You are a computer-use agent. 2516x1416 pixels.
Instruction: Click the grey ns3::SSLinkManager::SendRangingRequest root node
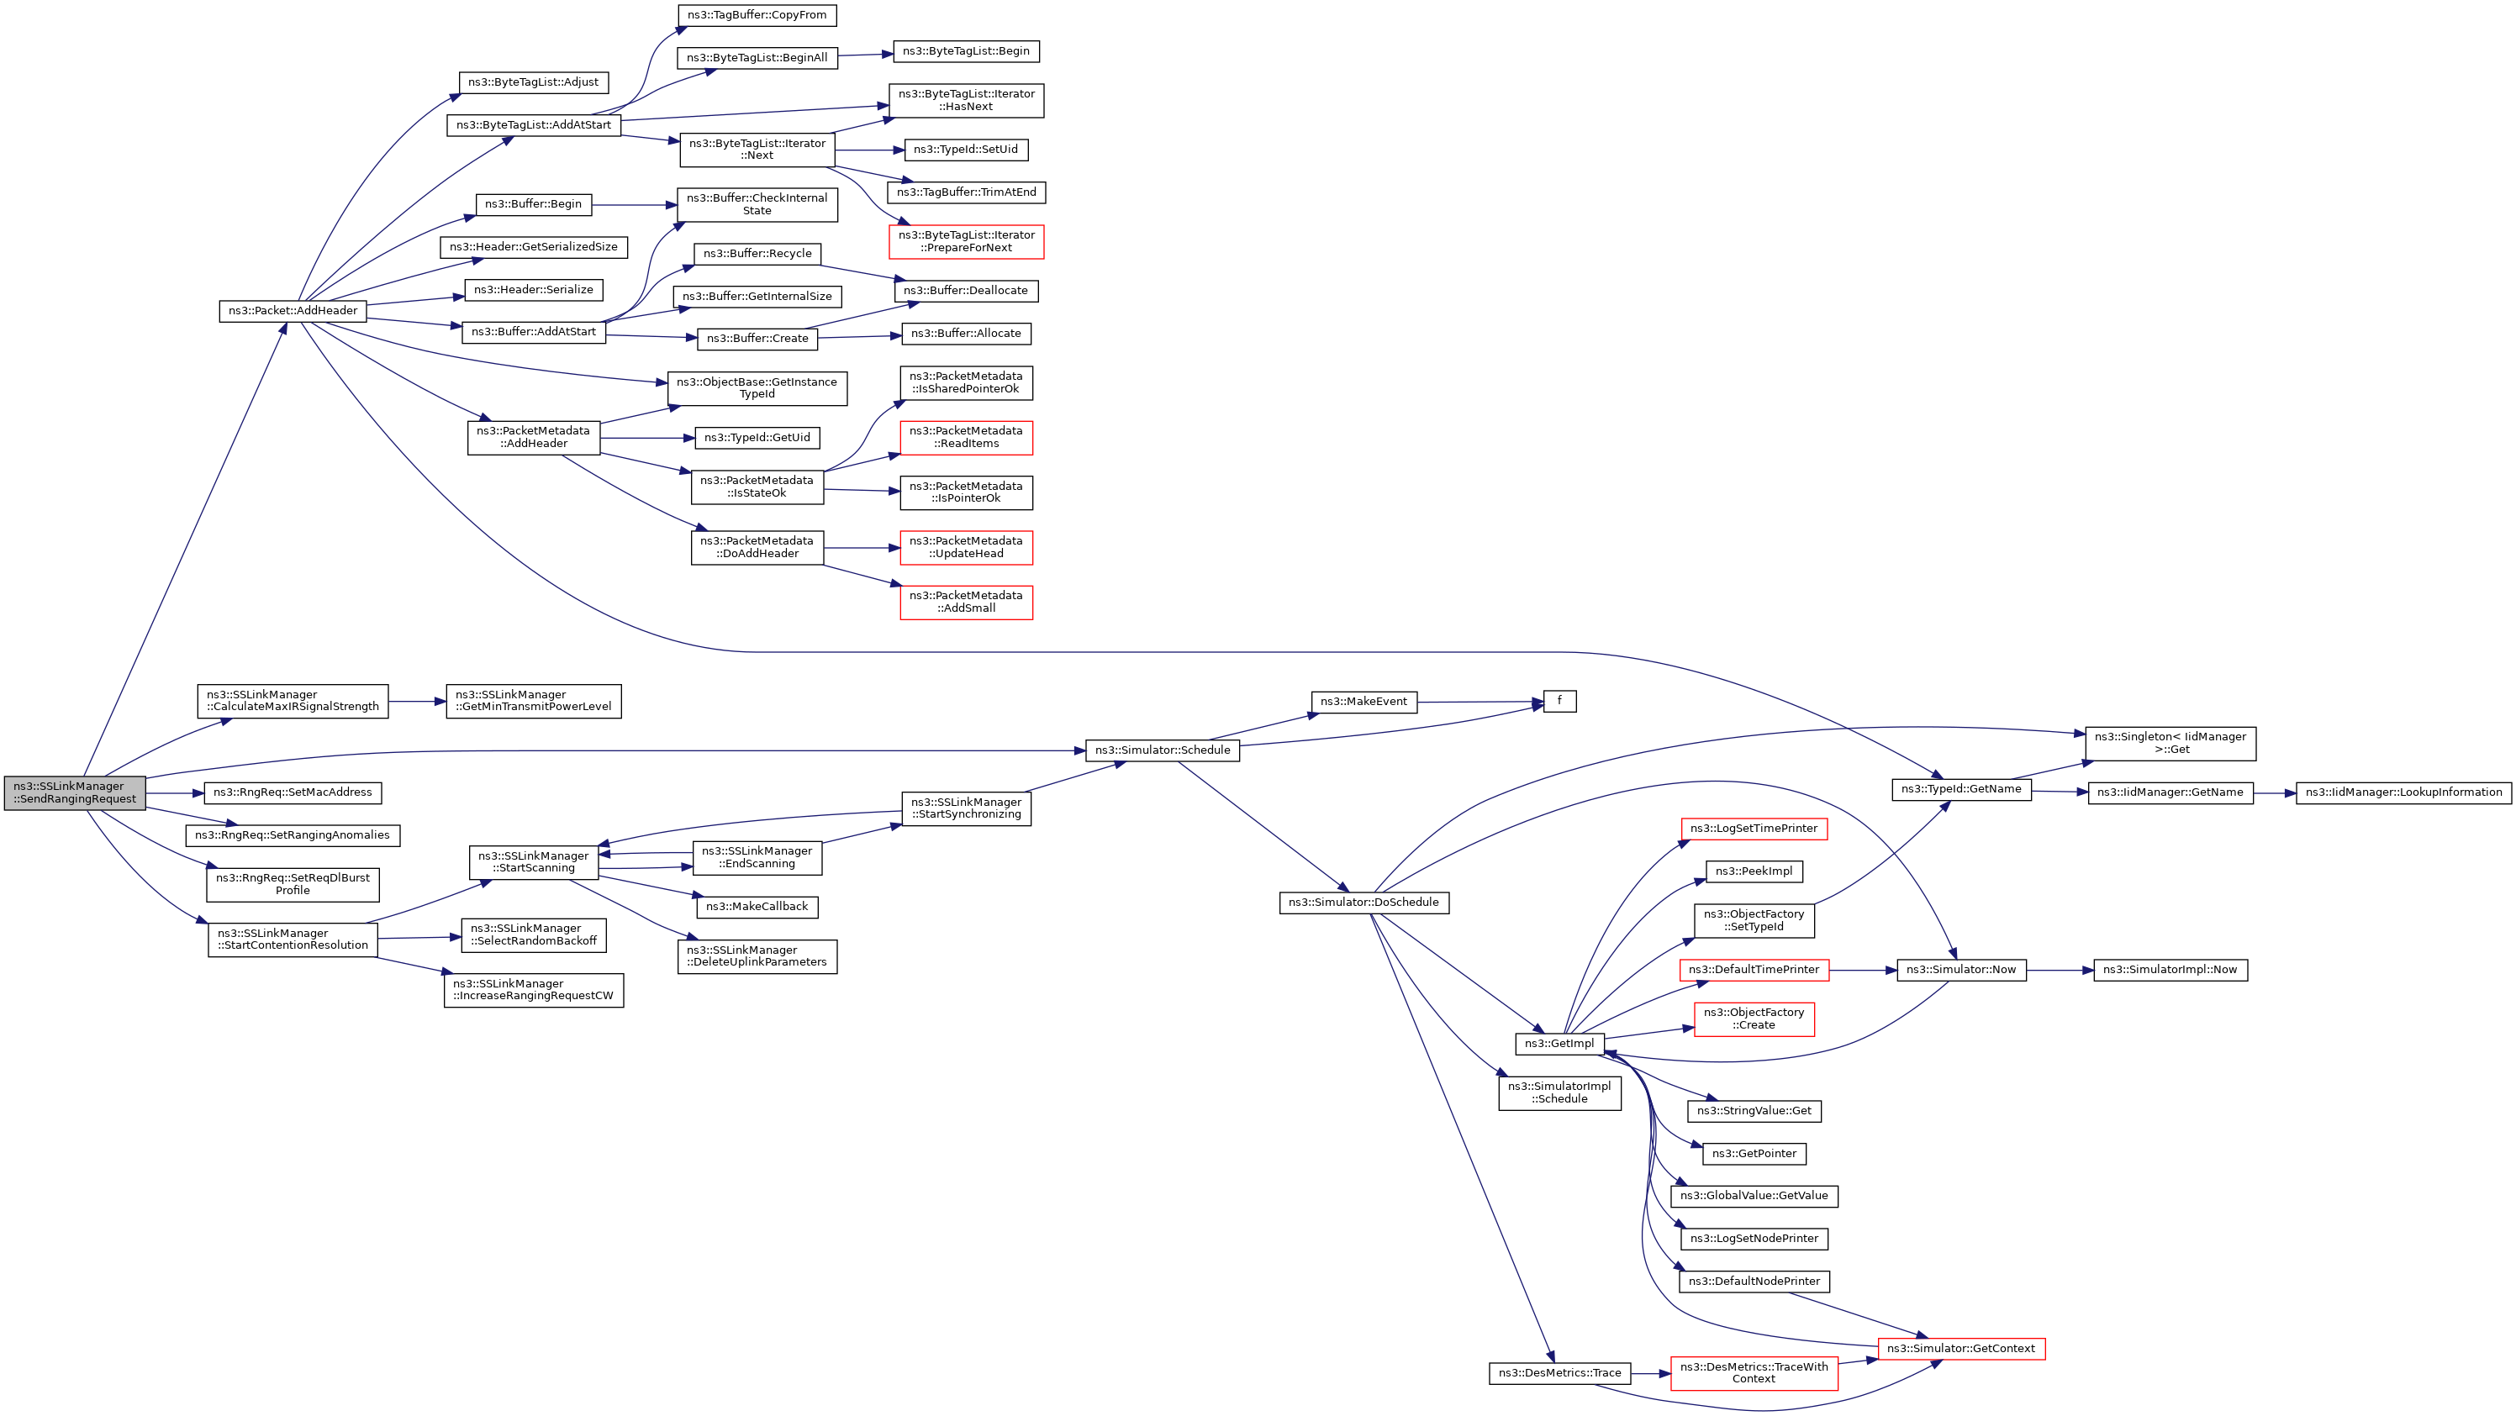click(75, 792)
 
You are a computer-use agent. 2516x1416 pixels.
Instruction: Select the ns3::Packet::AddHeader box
click(293, 311)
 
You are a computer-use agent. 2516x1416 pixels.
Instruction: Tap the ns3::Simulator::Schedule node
click(1163, 750)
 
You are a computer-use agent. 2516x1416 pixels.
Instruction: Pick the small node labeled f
click(1559, 701)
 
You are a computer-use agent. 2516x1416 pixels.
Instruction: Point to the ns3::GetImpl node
click(1559, 1043)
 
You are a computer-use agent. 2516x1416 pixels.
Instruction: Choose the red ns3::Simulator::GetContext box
click(1960, 1349)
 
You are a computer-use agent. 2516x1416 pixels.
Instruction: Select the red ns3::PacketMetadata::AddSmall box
click(966, 602)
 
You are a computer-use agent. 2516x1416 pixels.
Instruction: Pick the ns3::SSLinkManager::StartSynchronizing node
click(966, 808)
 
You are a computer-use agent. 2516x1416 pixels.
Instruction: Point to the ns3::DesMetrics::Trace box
click(1559, 1373)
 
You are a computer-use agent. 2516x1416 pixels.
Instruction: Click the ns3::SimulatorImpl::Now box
click(2170, 970)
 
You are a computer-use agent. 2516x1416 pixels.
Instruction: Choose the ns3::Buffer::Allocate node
click(965, 333)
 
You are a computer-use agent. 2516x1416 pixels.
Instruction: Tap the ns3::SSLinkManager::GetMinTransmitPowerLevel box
click(533, 700)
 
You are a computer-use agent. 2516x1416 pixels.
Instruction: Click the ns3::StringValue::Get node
click(1754, 1110)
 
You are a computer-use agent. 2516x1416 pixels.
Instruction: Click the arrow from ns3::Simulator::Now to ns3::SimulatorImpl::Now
click(2060, 970)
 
